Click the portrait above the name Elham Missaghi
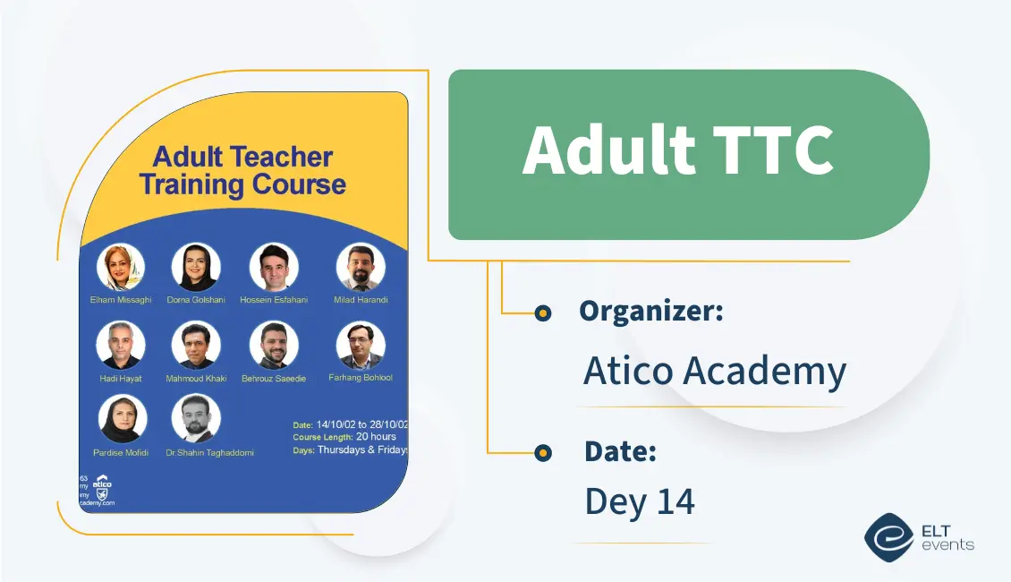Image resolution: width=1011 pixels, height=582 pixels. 120,267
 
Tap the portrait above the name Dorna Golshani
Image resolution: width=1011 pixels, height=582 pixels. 195,267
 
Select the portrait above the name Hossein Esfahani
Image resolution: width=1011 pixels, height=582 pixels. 274,267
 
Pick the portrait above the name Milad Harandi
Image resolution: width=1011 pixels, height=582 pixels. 361,267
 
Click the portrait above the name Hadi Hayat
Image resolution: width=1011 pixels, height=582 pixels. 120,346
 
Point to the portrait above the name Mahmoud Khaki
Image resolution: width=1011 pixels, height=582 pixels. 195,346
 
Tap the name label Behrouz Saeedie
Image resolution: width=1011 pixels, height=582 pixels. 274,379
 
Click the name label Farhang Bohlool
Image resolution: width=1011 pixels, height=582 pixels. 361,378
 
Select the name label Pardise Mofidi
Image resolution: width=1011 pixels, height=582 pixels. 120,453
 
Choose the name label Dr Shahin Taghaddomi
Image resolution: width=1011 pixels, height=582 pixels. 209,453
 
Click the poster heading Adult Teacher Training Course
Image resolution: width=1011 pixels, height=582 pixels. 242,171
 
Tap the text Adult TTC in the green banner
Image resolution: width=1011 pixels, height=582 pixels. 677,150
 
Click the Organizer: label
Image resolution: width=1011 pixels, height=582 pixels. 650,312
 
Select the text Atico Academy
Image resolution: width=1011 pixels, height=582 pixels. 714,370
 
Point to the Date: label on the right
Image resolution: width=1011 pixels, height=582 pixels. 620,452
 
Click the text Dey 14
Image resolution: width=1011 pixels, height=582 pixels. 639,501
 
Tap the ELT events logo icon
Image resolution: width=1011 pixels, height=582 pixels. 888,536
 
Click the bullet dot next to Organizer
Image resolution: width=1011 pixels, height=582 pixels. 542,312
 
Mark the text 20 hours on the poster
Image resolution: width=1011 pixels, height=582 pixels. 376,437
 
